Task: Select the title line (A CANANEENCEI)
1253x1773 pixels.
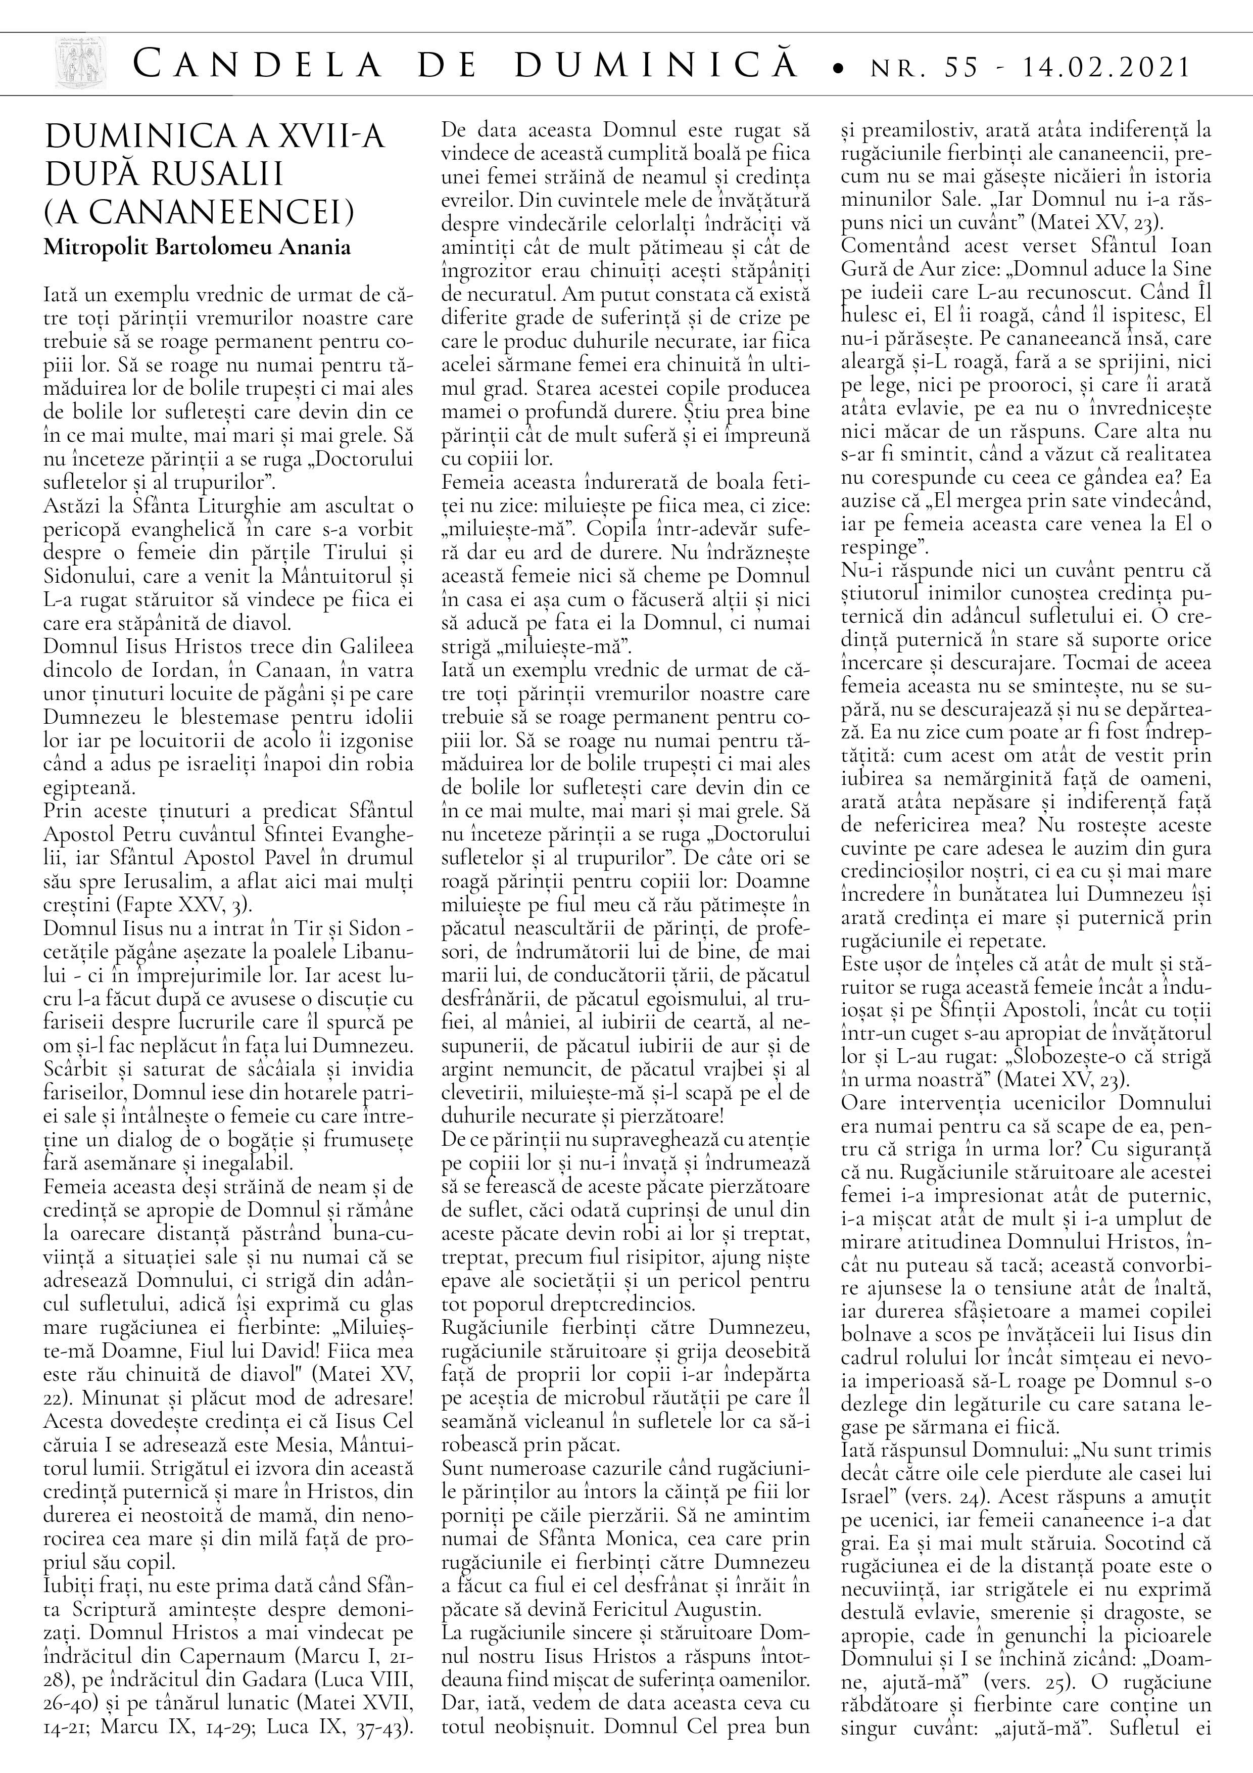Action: point(200,211)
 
